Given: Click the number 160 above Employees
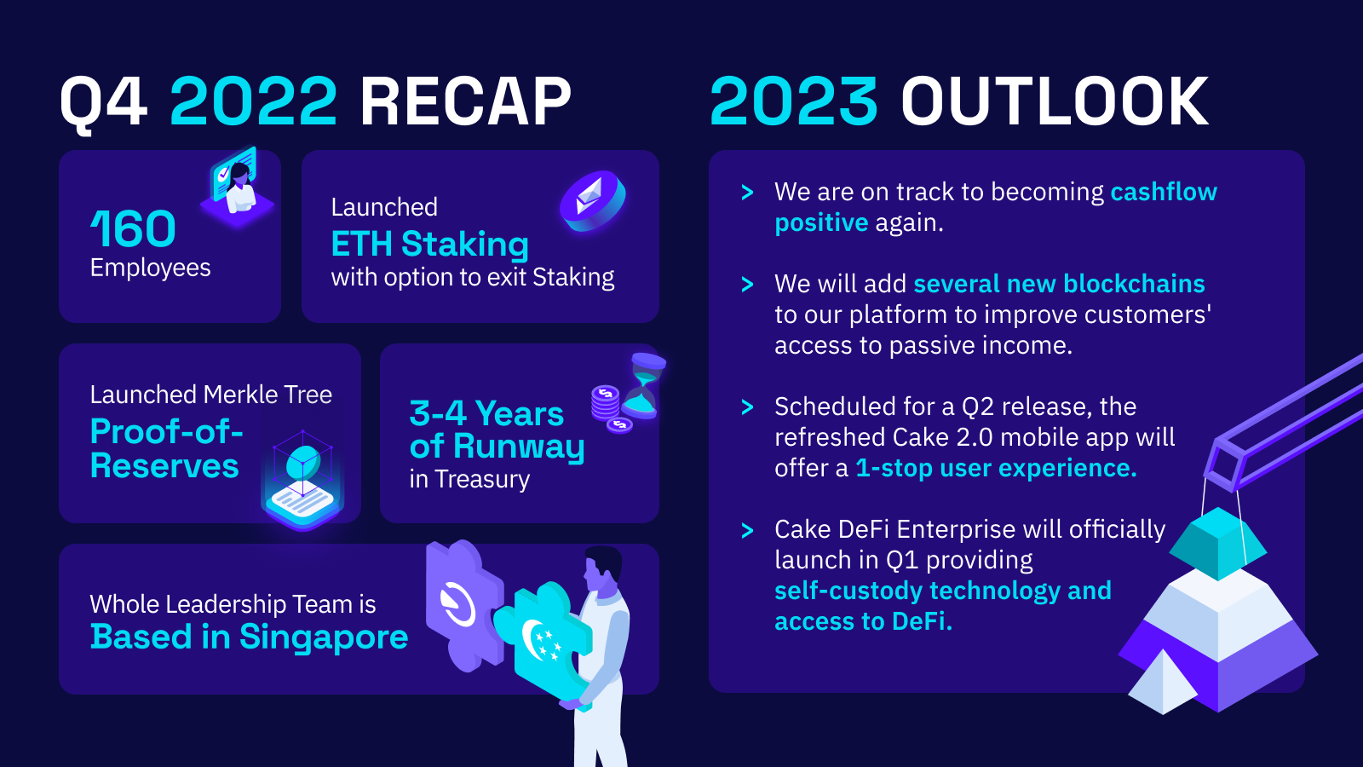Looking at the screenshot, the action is click(133, 229).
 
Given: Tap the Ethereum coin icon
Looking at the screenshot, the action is click(592, 201).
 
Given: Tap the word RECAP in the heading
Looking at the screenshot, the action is click(465, 101).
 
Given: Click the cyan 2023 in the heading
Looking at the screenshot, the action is click(793, 101).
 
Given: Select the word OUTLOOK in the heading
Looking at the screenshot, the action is click(1055, 101).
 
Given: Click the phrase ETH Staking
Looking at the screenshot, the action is click(429, 244).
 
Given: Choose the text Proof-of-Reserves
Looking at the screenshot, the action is click(166, 448).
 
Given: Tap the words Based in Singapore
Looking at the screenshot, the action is click(249, 637).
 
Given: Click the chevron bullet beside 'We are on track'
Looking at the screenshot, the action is click(747, 193).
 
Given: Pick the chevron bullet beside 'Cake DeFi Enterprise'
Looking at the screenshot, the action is click(747, 530).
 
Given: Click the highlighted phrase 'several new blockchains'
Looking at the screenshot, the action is click(1059, 285).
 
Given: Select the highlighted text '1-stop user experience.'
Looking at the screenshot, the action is click(996, 468).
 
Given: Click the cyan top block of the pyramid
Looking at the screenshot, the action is click(1217, 544).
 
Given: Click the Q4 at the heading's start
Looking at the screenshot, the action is click(103, 103).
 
